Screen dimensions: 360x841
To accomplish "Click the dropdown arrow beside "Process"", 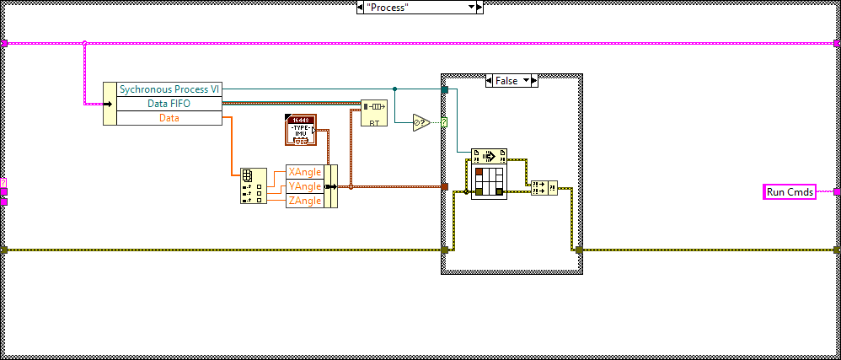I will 473,7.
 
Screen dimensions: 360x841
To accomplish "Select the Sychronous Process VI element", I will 169,89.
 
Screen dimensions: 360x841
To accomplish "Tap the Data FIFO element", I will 169,104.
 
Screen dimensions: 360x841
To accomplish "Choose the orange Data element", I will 169,118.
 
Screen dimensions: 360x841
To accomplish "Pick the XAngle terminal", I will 304,171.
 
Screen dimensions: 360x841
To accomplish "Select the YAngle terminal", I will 304,185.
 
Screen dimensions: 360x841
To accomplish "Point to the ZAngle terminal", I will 304,200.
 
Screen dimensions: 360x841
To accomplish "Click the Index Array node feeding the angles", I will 252,185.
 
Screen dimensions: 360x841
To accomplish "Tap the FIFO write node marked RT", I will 373,113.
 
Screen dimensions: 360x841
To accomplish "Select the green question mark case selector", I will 444,123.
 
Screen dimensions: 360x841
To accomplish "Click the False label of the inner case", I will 506,80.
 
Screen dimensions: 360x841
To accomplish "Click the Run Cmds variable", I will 790,192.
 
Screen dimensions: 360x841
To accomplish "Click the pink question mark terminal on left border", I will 3,182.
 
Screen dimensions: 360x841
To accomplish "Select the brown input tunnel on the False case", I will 444,186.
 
